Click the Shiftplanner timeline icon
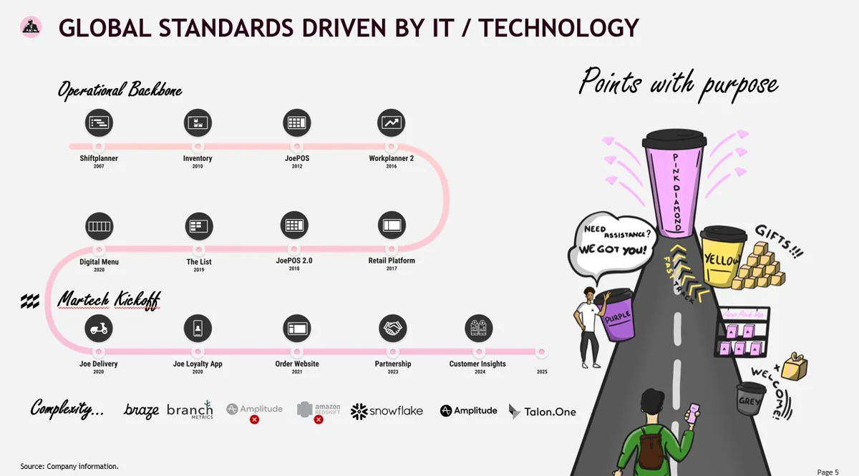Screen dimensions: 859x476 (99, 123)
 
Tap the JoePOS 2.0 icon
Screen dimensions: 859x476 (294, 225)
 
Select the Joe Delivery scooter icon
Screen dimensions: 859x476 (99, 329)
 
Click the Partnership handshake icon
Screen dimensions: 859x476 (392, 329)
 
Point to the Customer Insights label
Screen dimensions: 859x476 (477, 364)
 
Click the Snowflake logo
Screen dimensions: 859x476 (387, 411)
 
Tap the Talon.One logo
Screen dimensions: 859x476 (543, 412)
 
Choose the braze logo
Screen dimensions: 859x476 (141, 410)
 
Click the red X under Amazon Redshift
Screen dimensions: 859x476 (319, 419)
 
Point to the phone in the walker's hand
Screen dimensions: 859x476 (692, 413)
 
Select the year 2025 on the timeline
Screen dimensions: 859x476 (542, 372)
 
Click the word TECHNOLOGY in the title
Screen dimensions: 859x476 (558, 28)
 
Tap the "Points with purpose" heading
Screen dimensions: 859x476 (678, 82)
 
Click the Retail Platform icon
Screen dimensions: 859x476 (392, 225)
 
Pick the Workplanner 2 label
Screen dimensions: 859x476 (392, 158)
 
